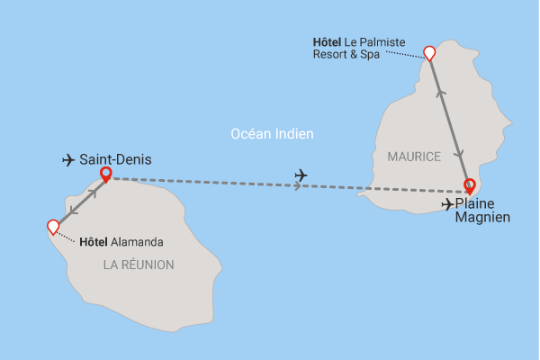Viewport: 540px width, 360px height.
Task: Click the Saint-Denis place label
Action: tap(115, 159)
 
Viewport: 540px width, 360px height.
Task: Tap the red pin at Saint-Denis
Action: tap(106, 174)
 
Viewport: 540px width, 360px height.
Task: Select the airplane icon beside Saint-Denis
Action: tap(67, 160)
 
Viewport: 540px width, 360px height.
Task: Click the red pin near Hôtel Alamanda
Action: tap(53, 227)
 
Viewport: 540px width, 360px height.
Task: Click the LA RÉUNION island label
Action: tap(139, 265)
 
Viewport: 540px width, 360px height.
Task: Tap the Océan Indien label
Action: tap(272, 134)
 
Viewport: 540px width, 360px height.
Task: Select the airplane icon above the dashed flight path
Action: tap(301, 175)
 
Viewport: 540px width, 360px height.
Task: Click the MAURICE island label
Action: tap(414, 157)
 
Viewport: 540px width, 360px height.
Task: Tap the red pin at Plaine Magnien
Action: tap(469, 186)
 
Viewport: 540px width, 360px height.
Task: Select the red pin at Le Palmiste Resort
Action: tap(429, 53)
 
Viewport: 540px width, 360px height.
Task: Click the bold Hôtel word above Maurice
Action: tap(328, 41)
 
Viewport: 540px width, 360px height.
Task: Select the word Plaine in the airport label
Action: tap(475, 204)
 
